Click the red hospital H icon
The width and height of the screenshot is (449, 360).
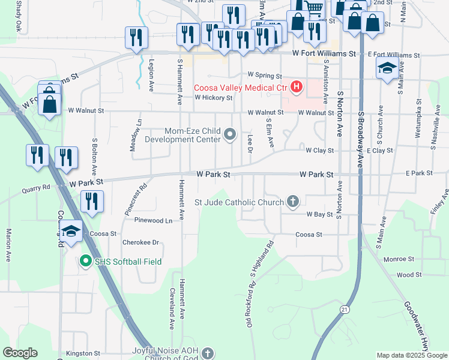(296, 88)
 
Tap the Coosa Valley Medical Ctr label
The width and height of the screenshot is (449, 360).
(241, 88)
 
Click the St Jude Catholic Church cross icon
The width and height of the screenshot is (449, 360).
(292, 201)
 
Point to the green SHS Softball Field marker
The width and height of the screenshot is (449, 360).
(85, 261)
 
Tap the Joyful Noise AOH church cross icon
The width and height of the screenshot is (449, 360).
(208, 353)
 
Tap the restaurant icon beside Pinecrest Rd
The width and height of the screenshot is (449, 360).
(91, 201)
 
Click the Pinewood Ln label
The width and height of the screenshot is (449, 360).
(153, 221)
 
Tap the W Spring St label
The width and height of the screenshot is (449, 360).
(265, 76)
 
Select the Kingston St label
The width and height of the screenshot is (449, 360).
(83, 353)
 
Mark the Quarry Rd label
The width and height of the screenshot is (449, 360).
(37, 188)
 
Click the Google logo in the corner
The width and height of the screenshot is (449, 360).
(20, 352)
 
